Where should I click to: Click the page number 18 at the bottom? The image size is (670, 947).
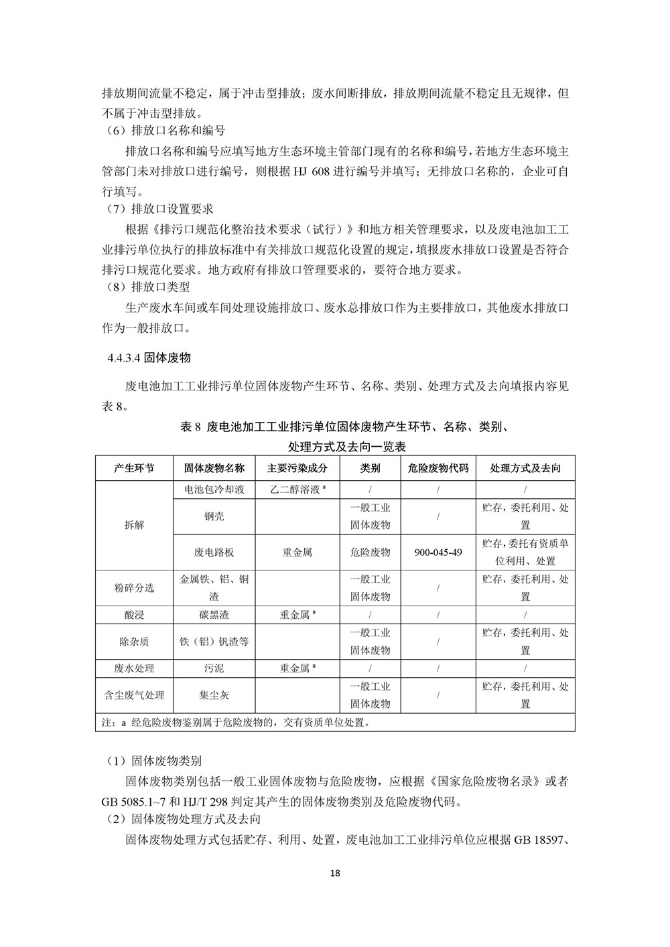[x=336, y=873]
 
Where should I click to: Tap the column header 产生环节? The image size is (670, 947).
[x=134, y=468]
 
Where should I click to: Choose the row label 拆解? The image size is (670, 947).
[x=134, y=525]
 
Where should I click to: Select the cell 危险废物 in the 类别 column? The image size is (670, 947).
[x=370, y=553]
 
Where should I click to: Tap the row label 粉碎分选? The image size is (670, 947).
[x=134, y=587]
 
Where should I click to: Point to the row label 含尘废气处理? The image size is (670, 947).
[x=134, y=695]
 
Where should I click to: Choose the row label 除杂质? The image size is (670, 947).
[x=134, y=642]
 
